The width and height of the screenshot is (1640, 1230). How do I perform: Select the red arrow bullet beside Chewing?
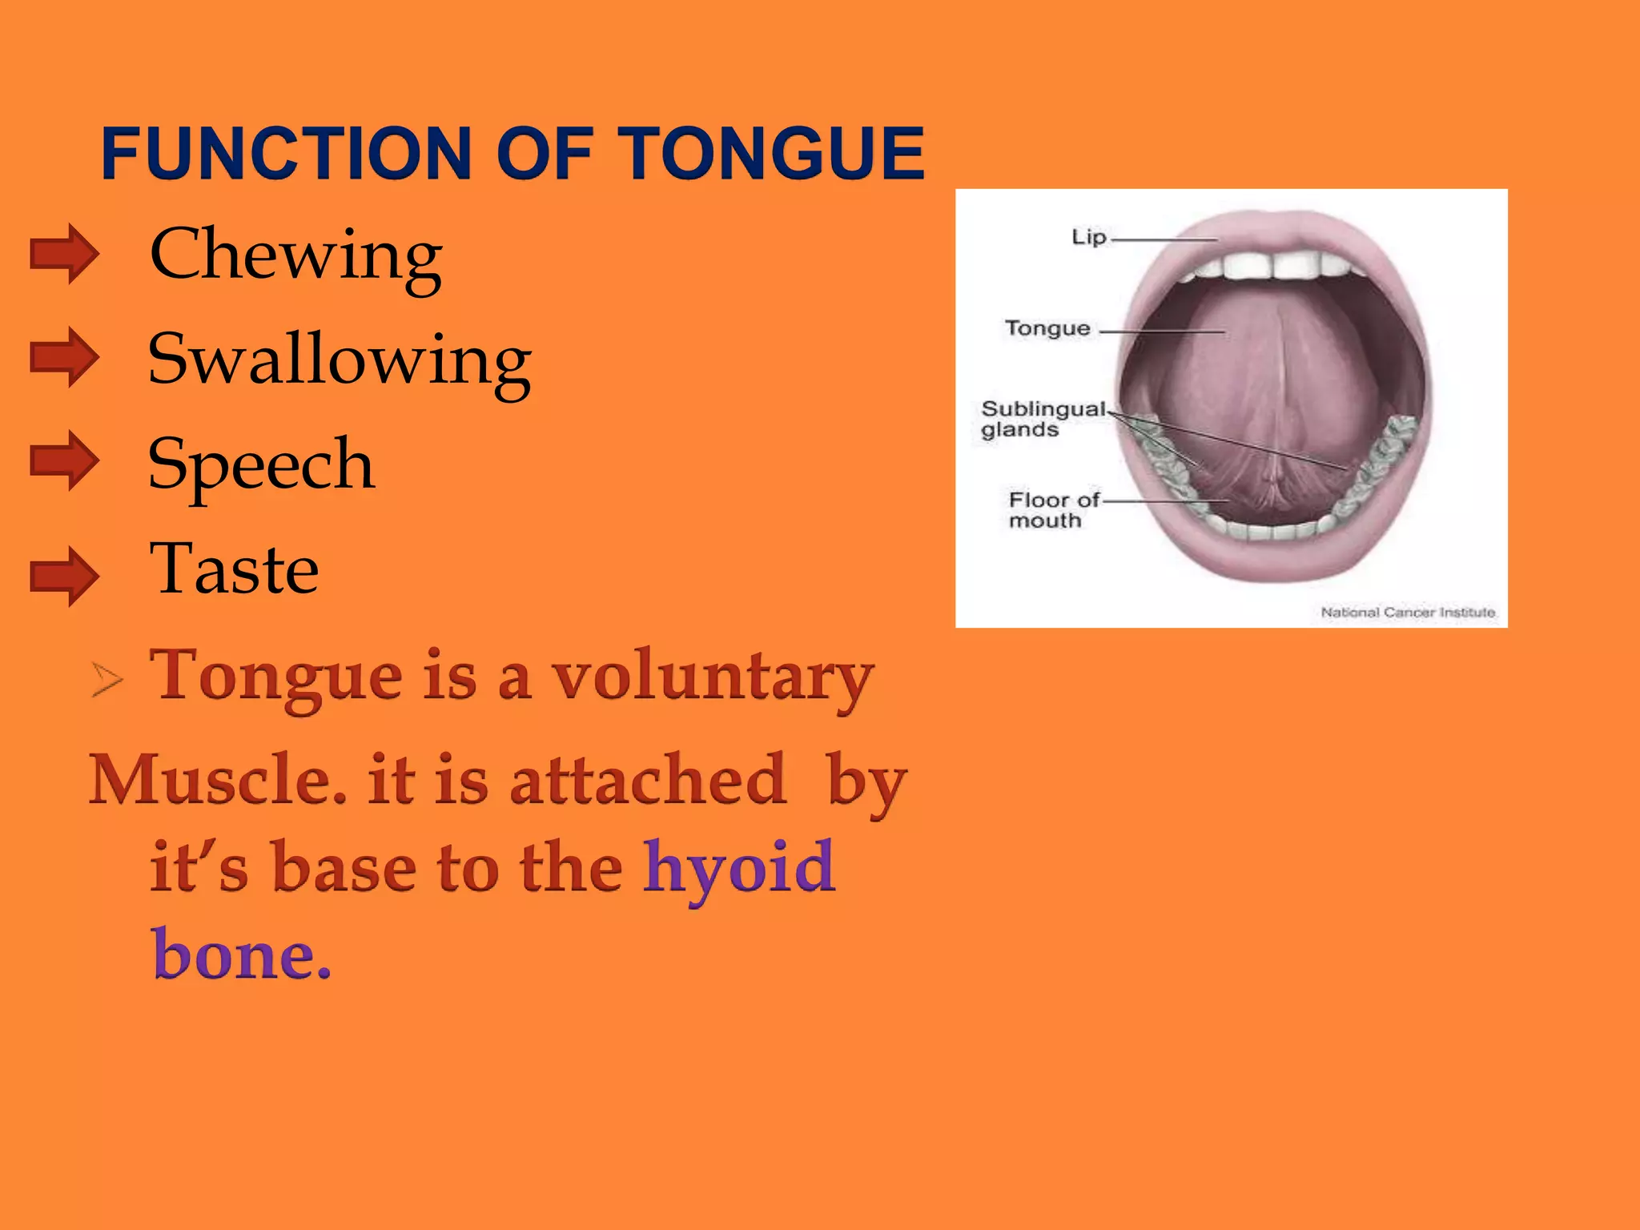tap(64, 254)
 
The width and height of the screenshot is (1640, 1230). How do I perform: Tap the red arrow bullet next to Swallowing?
tap(64, 357)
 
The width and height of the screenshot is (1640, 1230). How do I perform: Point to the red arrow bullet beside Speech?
tap(64, 460)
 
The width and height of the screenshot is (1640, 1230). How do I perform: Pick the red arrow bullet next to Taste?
tap(64, 576)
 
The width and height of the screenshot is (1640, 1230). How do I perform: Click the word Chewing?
tap(295, 256)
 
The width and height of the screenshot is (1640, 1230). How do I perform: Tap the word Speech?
tap(260, 464)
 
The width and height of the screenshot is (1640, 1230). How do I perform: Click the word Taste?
tap(234, 569)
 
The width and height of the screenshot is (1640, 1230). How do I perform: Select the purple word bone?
tap(240, 955)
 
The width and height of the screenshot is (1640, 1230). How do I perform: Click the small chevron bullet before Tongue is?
tap(107, 680)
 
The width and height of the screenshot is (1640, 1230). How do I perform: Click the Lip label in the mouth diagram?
tap(1088, 237)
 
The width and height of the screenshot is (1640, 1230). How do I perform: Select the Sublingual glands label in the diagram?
tap(1041, 419)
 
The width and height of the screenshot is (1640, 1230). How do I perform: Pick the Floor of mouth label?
tap(1051, 510)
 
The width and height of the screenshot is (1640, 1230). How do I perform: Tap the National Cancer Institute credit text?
tap(1408, 612)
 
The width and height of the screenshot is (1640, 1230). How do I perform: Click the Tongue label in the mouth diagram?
tap(1047, 328)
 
